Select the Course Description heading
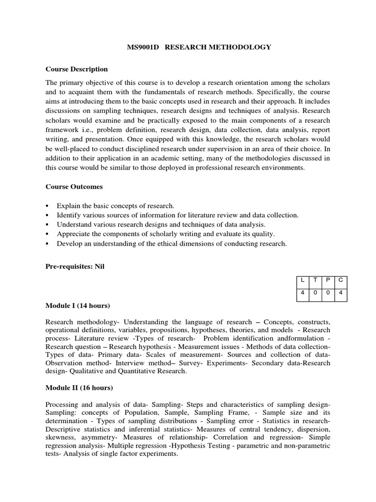[76, 69]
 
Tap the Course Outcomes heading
[74, 187]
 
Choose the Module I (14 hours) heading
[77, 306]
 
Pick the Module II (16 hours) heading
[79, 388]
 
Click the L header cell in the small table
[303, 280]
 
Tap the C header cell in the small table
[340, 280]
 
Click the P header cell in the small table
[328, 280]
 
